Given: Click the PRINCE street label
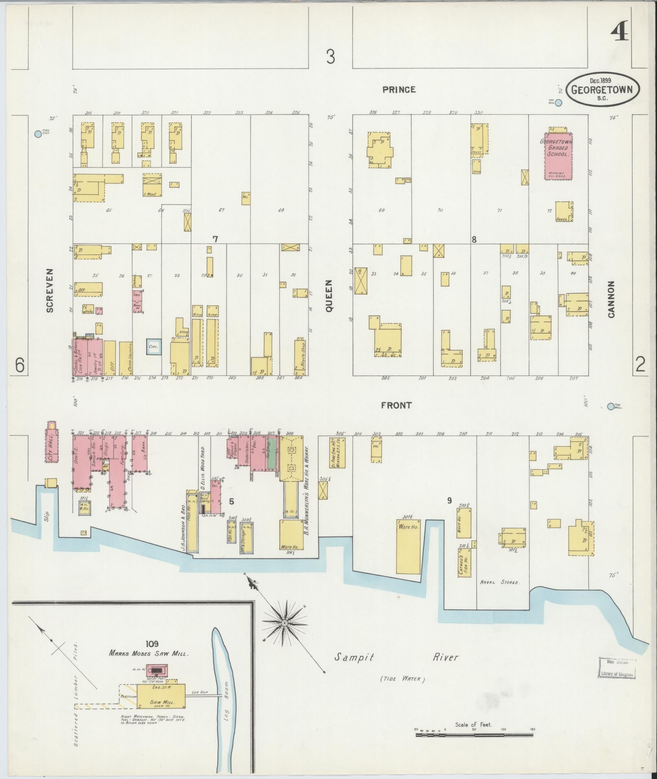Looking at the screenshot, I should point(399,90).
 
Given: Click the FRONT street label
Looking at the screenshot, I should point(396,405).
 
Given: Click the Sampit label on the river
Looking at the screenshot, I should point(354,657).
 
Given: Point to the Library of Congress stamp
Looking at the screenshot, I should point(617,667).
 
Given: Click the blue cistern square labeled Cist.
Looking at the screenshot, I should point(154,347).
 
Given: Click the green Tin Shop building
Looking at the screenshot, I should point(271,453).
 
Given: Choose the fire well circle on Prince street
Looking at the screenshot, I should point(558,103).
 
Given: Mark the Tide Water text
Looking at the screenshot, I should point(402,679).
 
